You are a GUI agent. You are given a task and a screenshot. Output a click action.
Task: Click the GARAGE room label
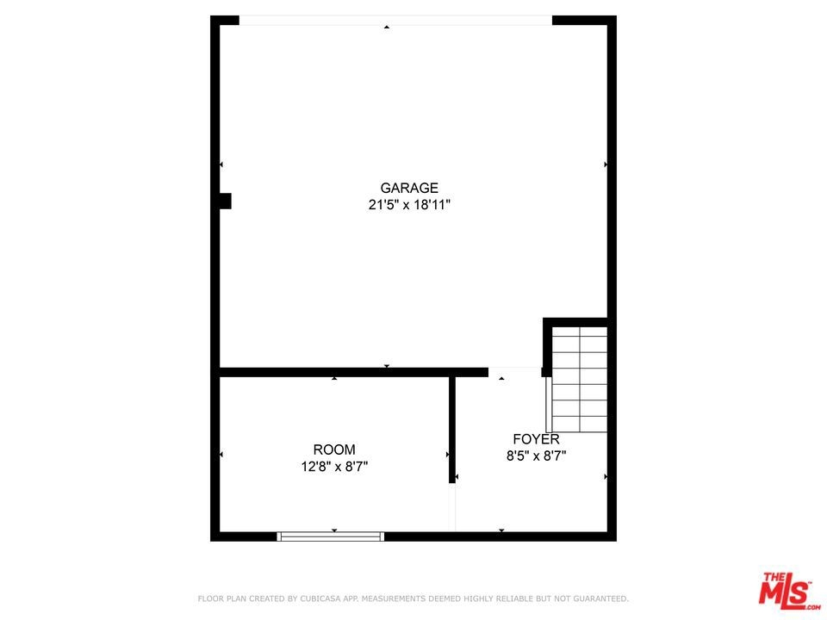[x=409, y=188]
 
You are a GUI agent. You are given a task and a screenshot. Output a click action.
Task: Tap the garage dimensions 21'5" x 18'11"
[x=409, y=205]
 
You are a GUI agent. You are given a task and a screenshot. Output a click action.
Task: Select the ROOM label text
[x=334, y=449]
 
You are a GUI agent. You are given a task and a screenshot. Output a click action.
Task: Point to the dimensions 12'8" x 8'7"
[x=334, y=467]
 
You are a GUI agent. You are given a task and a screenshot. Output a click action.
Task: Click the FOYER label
[x=537, y=439]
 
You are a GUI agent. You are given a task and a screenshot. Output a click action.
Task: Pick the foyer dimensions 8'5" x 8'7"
[x=537, y=456]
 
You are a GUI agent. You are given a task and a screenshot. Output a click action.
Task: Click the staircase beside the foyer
[x=579, y=380]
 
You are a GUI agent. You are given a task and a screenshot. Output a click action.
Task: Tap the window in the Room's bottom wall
[x=331, y=536]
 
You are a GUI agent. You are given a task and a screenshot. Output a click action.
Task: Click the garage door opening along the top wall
[x=395, y=21]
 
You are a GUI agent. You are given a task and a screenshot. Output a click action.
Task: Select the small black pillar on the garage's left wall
[x=225, y=201]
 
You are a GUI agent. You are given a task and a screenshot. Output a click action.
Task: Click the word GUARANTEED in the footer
[x=600, y=598]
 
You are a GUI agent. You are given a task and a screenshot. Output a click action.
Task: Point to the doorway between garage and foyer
[x=515, y=372]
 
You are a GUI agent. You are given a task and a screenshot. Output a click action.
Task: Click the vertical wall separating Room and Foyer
[x=452, y=430]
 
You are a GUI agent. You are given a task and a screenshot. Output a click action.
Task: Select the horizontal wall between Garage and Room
[x=354, y=372]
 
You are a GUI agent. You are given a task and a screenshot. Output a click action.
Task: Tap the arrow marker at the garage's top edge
[x=387, y=27]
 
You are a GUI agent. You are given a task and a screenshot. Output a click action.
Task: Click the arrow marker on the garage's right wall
[x=606, y=164]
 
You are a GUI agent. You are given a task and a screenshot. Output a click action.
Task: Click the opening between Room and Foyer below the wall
[x=452, y=507]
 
